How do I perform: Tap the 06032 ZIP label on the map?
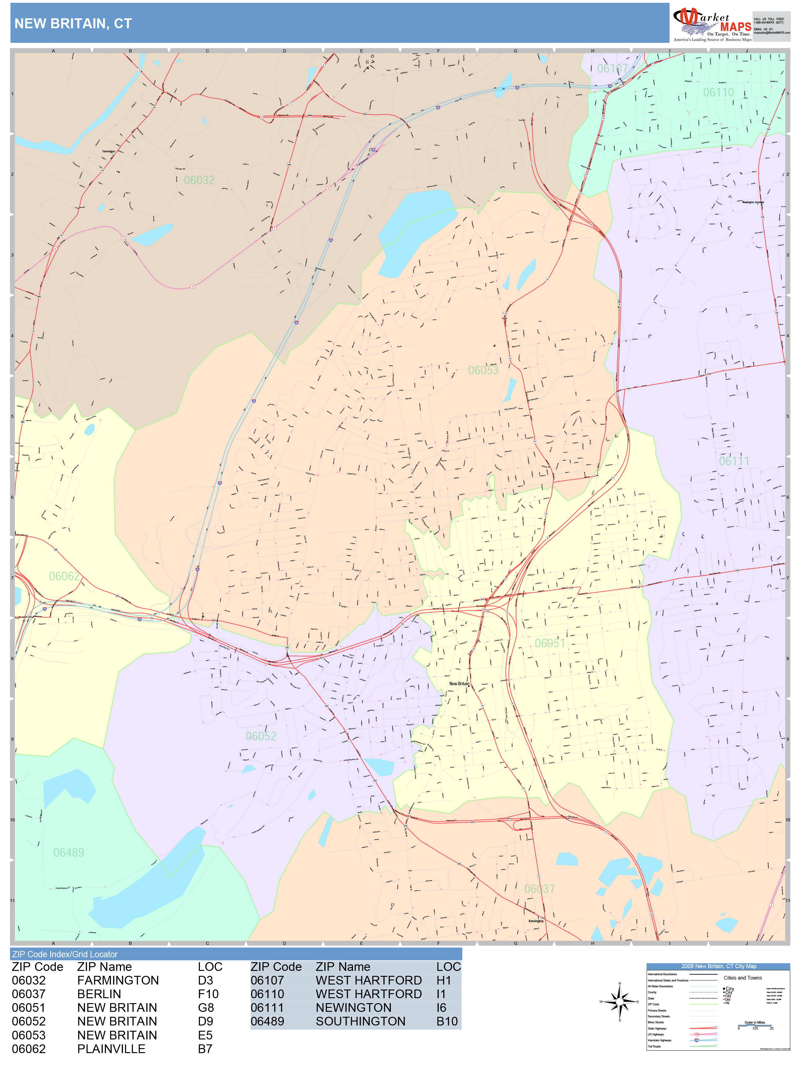199,180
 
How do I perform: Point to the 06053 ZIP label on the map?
483,370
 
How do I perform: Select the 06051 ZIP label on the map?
550,643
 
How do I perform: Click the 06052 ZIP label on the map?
261,736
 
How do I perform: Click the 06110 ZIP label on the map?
719,92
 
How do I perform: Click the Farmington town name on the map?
109,151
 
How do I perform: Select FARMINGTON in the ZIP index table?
118,980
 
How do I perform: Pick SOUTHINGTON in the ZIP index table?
360,1021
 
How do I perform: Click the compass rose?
619,1001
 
